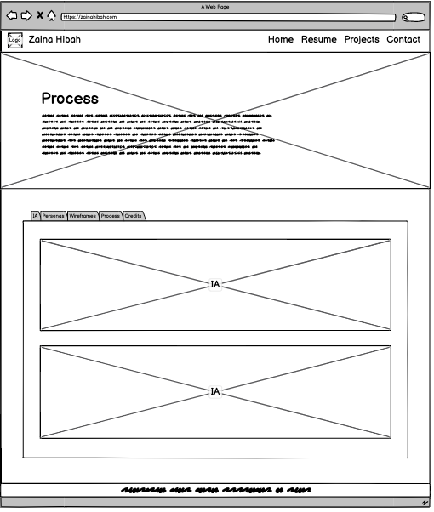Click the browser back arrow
point(12,16)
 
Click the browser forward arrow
point(26,16)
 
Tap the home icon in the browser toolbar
point(51,16)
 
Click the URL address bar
point(227,17)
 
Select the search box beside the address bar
point(414,17)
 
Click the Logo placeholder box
point(14,40)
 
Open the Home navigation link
point(281,40)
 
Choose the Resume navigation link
point(319,40)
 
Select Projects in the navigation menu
point(362,40)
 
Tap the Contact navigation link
point(403,40)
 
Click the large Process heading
point(70,99)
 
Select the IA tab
point(35,217)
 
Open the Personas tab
point(53,217)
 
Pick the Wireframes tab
point(83,217)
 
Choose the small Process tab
point(111,217)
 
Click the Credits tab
point(134,217)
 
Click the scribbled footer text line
point(216,491)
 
